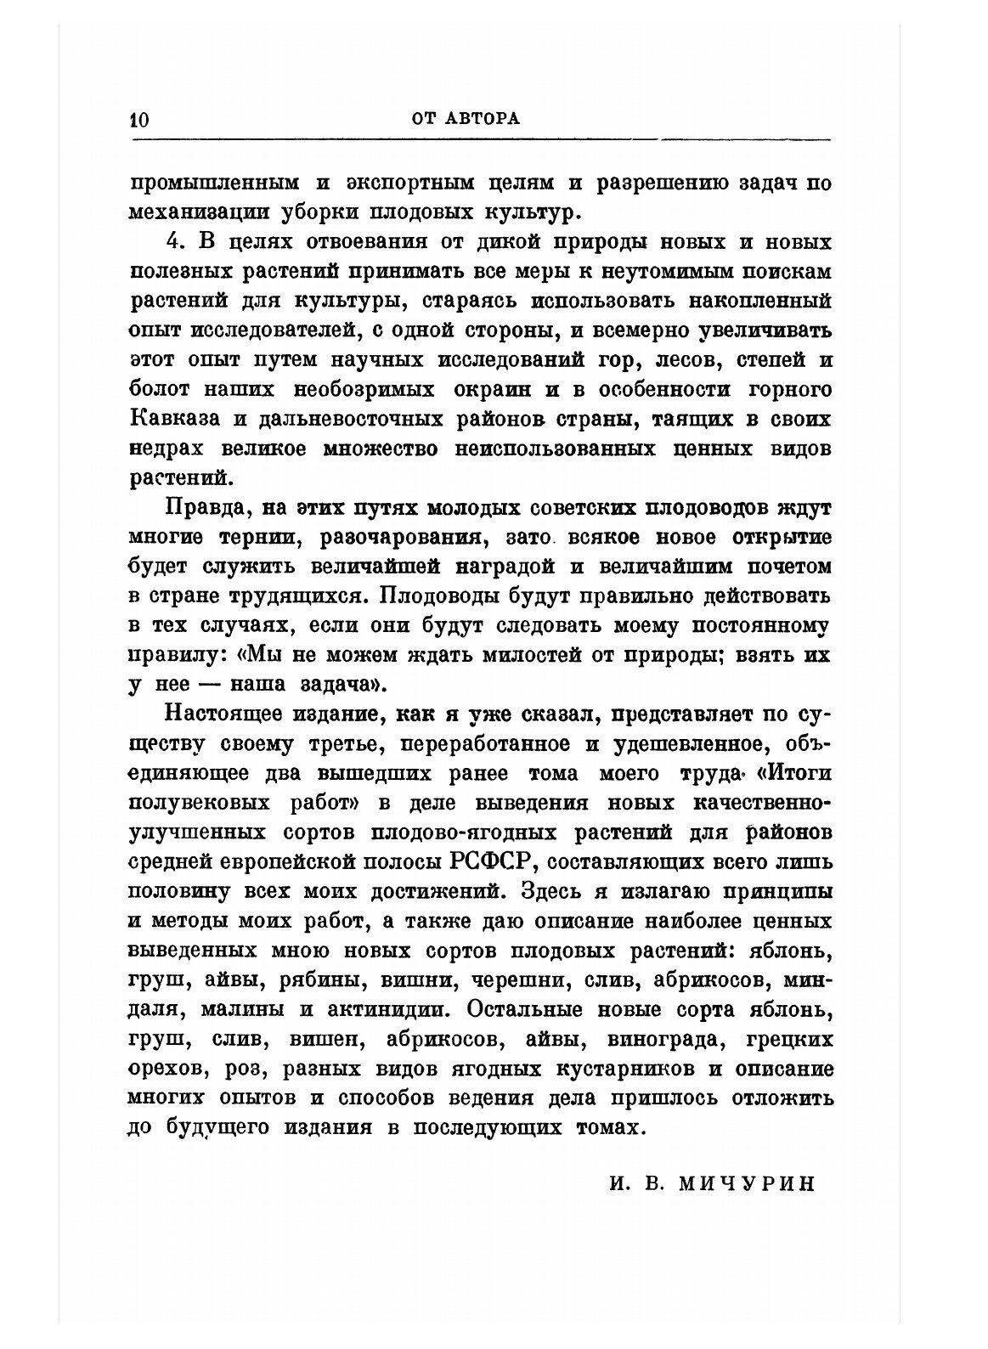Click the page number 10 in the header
pyautogui.click(x=138, y=119)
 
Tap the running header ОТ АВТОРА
pyautogui.click(x=465, y=119)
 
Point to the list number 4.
pyautogui.click(x=174, y=241)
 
